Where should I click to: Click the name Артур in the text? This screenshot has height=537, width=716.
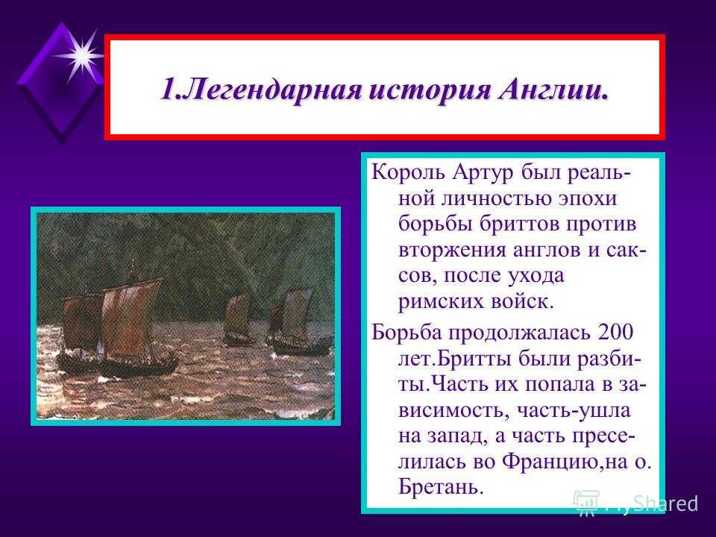[483, 172]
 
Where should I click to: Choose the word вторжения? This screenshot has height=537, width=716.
[452, 251]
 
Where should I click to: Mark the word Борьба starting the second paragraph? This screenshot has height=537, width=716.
[406, 332]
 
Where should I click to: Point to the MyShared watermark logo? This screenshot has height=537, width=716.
[635, 503]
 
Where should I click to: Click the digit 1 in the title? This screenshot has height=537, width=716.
[168, 89]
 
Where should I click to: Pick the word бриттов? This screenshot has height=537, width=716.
[520, 224]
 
